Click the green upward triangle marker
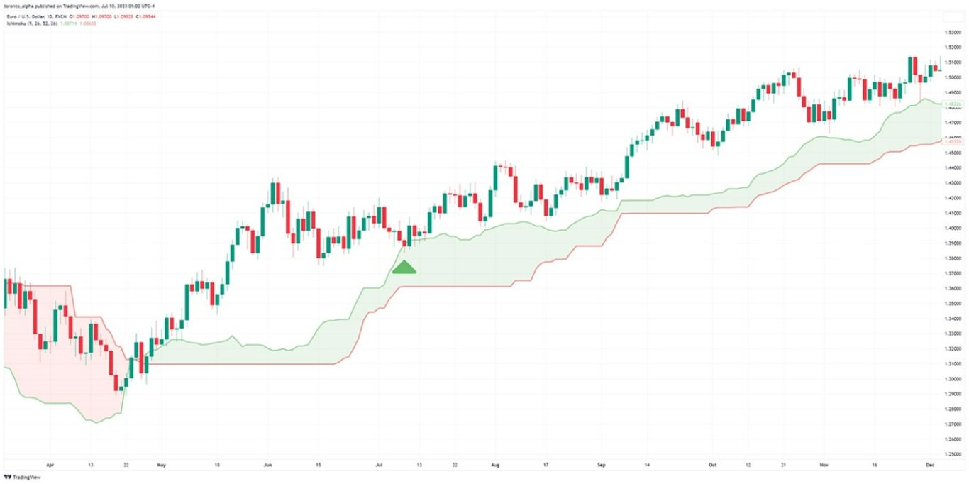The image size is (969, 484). pos(404,268)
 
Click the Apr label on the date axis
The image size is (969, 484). pos(50,466)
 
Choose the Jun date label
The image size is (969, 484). pos(267,466)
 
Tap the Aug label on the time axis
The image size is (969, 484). pos(495,466)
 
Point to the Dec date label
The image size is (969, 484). pos(930,466)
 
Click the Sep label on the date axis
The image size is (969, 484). pos(602,466)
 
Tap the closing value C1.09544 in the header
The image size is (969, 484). pos(147,15)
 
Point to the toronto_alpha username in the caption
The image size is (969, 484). pos(23,6)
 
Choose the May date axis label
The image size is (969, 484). pos(160,466)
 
